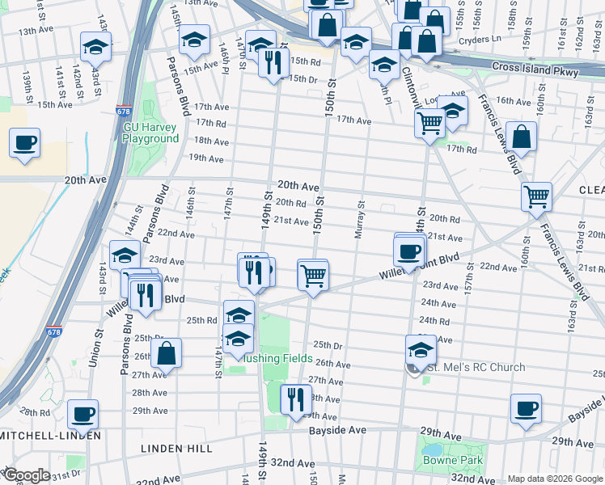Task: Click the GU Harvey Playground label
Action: [150, 133]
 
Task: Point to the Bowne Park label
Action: [452, 461]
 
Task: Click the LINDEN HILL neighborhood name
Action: [176, 448]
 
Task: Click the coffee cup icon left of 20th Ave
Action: [24, 144]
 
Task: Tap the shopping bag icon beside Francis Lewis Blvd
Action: [522, 138]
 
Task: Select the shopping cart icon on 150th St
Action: [312, 276]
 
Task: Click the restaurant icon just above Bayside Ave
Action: [295, 399]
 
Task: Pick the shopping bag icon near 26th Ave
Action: [166, 353]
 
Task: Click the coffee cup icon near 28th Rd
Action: [82, 415]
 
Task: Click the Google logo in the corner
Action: [26, 475]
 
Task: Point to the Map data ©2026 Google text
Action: [553, 478]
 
